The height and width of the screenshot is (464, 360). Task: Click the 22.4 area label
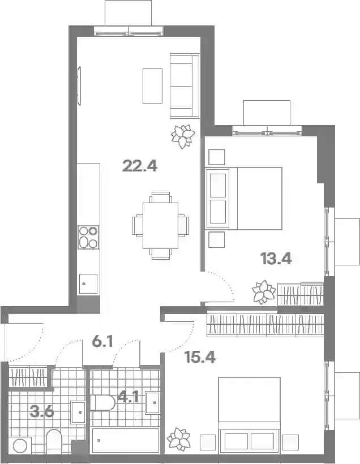(140, 166)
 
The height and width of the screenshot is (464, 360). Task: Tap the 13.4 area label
(276, 259)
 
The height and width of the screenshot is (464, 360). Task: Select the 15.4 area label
(200, 357)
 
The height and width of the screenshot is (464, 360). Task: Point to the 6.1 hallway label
(102, 342)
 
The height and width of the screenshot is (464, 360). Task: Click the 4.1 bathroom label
(128, 397)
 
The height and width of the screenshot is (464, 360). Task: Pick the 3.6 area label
(42, 411)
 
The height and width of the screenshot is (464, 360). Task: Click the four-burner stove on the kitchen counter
(88, 237)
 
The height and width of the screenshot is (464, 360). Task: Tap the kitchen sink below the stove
(88, 284)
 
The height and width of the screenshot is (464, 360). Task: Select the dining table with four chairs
(160, 225)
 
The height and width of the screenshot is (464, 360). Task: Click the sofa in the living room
(185, 86)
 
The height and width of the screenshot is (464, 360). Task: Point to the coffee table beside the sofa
(152, 86)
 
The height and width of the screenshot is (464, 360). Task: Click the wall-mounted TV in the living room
(79, 86)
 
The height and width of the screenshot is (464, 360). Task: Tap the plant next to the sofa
(183, 136)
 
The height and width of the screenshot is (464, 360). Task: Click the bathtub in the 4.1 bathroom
(126, 440)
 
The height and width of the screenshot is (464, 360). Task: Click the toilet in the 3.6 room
(54, 441)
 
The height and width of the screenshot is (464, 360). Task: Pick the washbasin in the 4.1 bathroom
(153, 402)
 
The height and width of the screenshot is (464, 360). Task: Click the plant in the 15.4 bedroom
(178, 439)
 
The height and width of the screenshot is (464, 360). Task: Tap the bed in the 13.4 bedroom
(244, 198)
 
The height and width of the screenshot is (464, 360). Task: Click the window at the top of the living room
(128, 31)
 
